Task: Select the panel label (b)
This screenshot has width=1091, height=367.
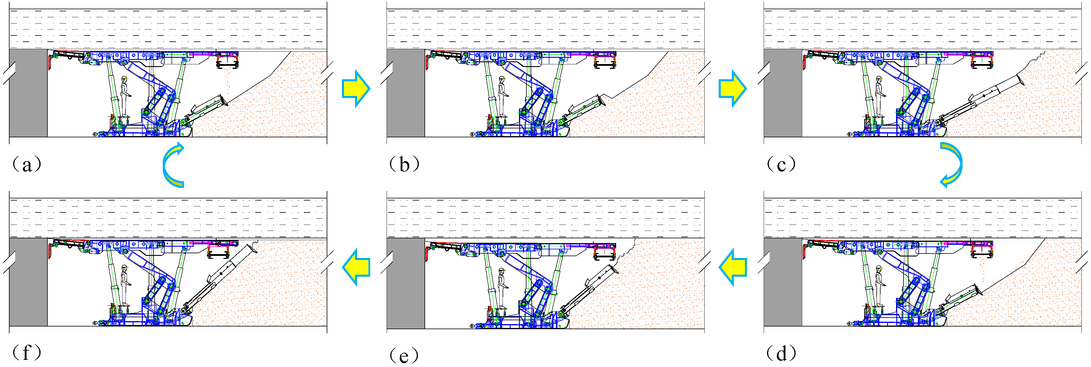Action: point(405,164)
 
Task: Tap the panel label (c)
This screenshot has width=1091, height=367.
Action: point(781,164)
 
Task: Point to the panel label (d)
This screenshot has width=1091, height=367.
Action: point(781,353)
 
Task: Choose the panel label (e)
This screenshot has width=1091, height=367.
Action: point(405,355)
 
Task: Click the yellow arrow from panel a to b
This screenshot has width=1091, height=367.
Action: point(356,89)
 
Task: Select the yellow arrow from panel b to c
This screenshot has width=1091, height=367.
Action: point(733,89)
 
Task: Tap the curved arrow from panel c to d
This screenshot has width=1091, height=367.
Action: point(952,164)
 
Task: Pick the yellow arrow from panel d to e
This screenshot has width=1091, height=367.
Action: point(733,267)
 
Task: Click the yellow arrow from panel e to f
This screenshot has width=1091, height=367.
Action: point(356,267)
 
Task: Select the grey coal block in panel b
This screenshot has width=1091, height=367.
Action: point(406,93)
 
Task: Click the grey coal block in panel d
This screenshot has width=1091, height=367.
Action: point(783,282)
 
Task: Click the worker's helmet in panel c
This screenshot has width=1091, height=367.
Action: point(878,78)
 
